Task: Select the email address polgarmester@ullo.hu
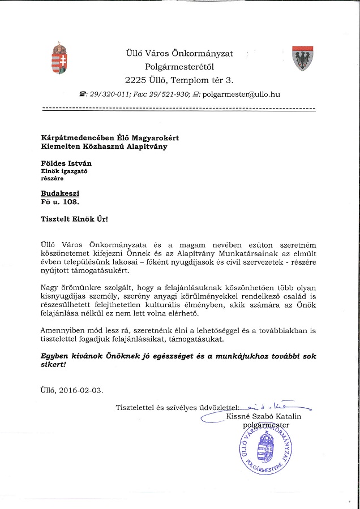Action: point(241,94)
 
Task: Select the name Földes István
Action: point(63,163)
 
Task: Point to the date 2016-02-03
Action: point(83,390)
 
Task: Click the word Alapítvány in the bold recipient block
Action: point(140,146)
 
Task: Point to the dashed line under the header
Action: point(179,107)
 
